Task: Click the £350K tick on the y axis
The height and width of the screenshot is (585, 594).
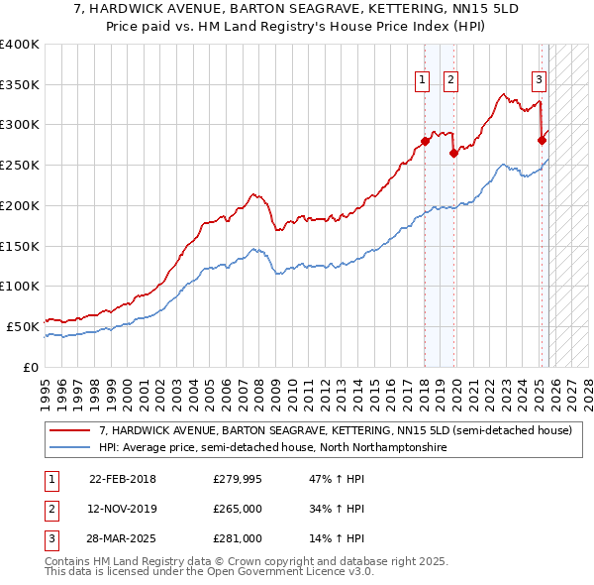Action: coord(20,85)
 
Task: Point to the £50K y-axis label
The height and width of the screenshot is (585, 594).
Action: coord(23,326)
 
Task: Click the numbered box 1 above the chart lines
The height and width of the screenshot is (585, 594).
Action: coord(423,80)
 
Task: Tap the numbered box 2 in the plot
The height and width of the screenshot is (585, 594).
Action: coord(450,80)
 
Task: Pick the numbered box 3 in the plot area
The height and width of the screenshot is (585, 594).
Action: coord(539,80)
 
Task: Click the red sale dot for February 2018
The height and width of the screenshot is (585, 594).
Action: coord(425,141)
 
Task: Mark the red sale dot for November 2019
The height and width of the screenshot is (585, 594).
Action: coord(453,153)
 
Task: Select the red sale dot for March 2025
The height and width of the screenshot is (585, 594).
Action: coord(542,140)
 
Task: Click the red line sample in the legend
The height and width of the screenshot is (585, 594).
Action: coord(71,431)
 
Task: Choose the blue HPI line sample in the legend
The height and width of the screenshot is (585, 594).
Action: coord(71,448)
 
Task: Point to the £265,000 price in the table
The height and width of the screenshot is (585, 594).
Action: coord(238,509)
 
